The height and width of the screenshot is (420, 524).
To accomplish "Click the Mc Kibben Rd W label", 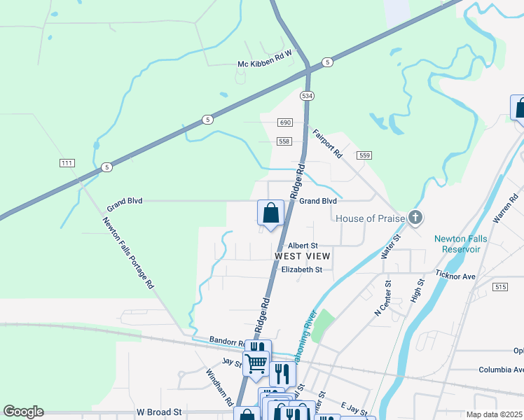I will (264, 64).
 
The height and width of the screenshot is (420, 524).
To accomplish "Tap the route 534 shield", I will (307, 94).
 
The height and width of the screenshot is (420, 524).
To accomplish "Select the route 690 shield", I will (284, 122).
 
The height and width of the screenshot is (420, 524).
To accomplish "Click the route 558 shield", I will (284, 141).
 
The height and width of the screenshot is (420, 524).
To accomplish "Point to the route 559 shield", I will (364, 155).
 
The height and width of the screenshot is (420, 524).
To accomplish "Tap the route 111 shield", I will (67, 163).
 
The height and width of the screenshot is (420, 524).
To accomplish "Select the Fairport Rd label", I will (327, 143).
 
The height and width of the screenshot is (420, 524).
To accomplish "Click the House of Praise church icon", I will (415, 218).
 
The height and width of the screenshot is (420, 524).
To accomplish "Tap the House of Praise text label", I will (370, 218).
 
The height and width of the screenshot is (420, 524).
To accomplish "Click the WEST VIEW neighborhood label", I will (302, 256).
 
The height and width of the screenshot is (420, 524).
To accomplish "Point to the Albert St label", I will (303, 246).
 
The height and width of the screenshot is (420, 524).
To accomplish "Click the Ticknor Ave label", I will (455, 276).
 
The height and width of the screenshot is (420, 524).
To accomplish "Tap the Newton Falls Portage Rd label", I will (128, 253).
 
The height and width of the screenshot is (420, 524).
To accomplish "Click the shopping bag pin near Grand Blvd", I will (270, 213).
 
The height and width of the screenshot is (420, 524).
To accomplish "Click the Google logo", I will (23, 412).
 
